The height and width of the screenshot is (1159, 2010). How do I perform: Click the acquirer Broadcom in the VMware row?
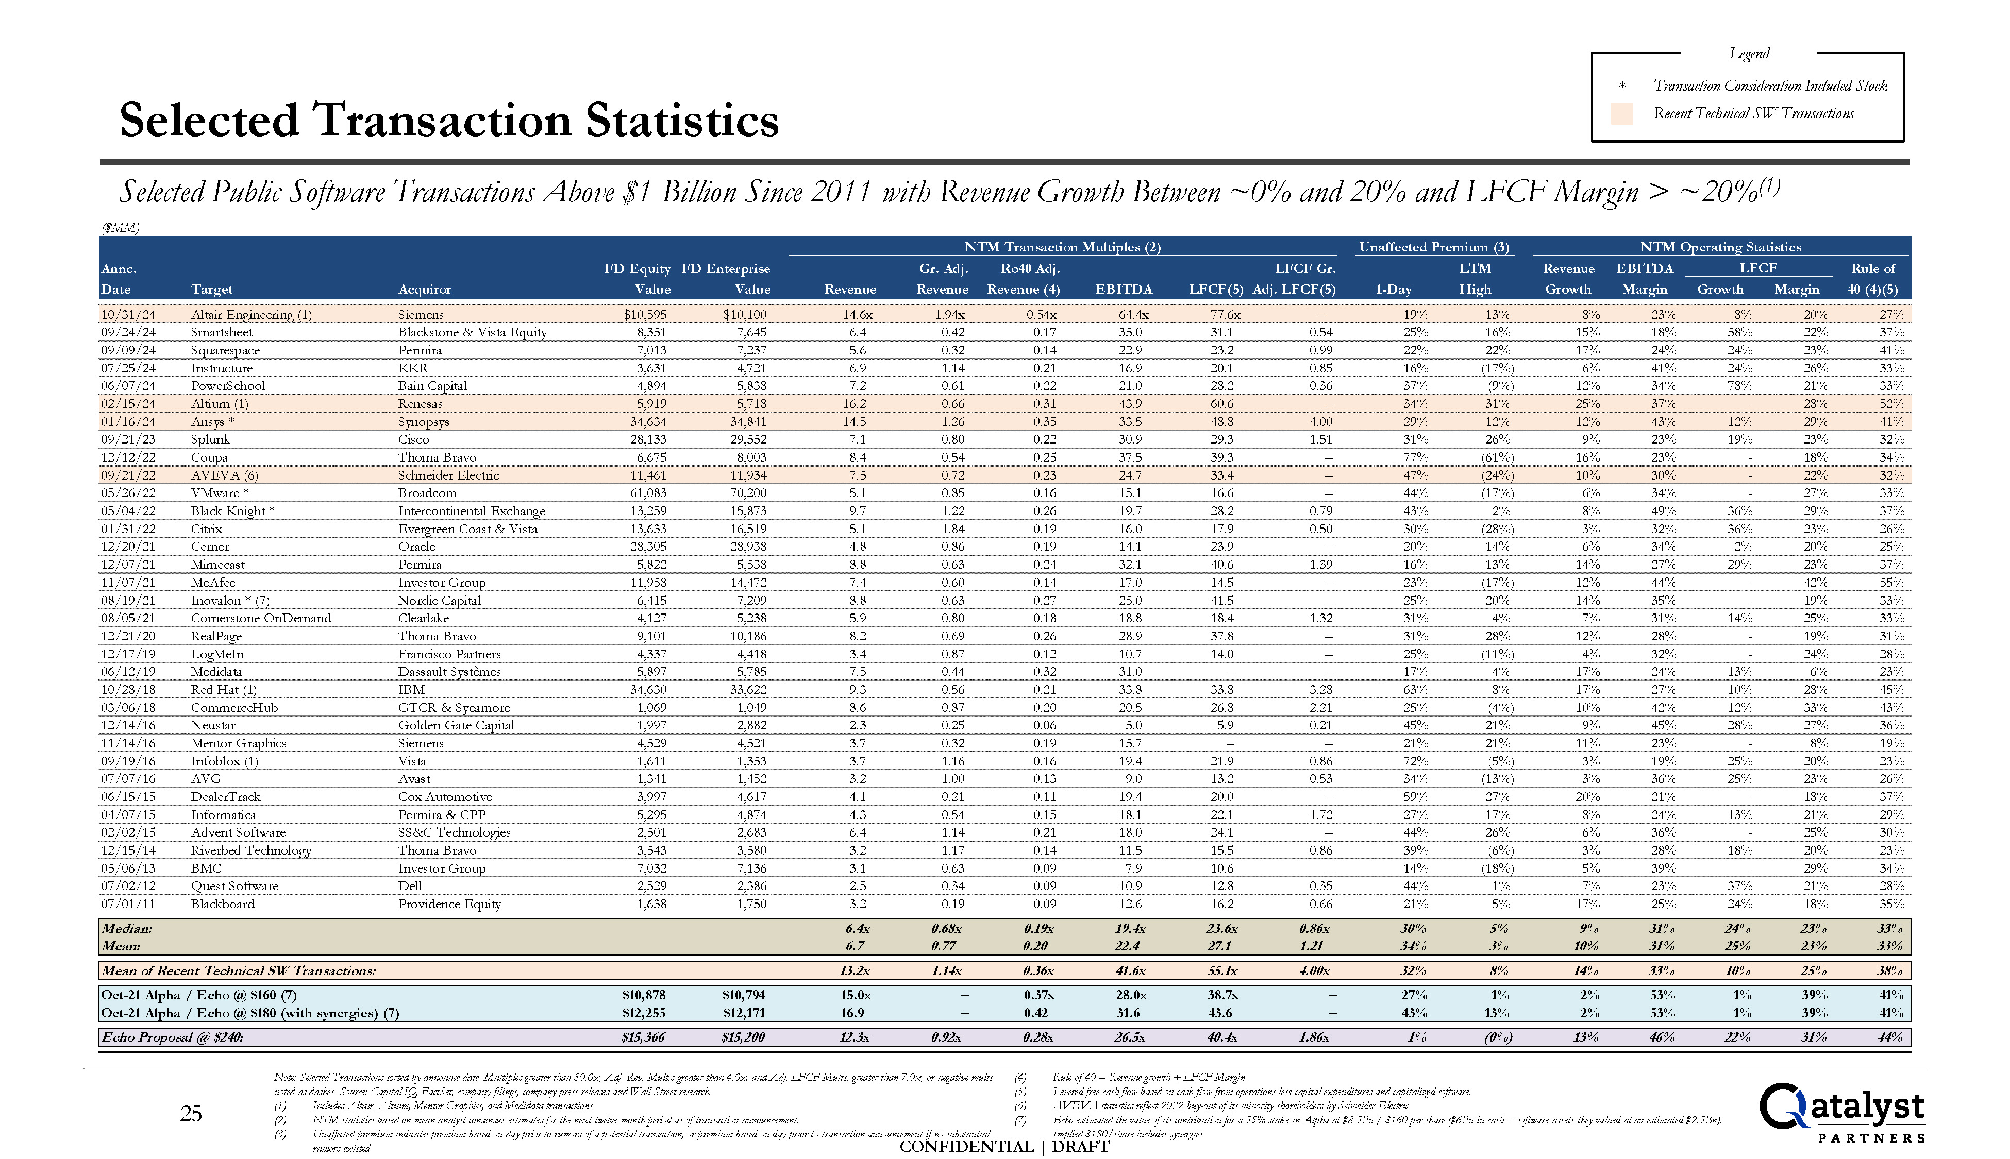(x=428, y=493)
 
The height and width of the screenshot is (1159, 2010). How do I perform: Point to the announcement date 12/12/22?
(x=129, y=457)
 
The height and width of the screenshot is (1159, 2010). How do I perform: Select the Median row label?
(x=127, y=928)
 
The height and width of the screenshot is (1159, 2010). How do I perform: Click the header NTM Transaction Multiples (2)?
(x=1062, y=247)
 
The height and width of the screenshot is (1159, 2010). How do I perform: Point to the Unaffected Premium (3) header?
(x=1433, y=247)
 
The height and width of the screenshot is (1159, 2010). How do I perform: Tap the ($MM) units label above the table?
(x=120, y=228)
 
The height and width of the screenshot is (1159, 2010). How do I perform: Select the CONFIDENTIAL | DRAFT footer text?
(x=1004, y=1146)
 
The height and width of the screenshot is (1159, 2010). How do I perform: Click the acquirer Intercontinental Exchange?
(x=472, y=511)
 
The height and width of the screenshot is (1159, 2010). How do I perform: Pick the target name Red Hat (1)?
(x=224, y=689)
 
